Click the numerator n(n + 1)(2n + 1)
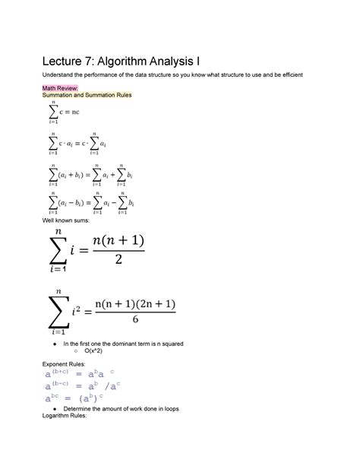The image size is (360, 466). pyautogui.click(x=134, y=303)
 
